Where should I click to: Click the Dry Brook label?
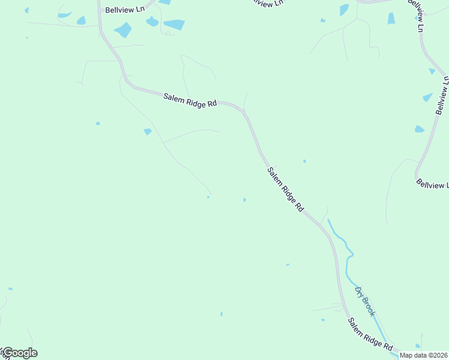[365, 301]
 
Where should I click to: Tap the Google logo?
[20, 353]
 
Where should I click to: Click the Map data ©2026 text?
[424, 355]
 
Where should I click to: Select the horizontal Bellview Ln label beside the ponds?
[125, 10]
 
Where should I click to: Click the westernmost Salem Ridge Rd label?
[190, 99]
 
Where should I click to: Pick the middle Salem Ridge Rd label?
[285, 189]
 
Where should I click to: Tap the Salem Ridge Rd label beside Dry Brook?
[370, 335]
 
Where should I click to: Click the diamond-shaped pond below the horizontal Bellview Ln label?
[123, 29]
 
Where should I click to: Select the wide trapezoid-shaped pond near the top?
[174, 25]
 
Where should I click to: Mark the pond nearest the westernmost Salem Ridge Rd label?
[148, 131]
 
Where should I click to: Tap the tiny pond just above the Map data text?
[418, 346]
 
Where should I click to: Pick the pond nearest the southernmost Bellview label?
[420, 129]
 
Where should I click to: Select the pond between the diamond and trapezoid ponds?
[152, 22]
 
